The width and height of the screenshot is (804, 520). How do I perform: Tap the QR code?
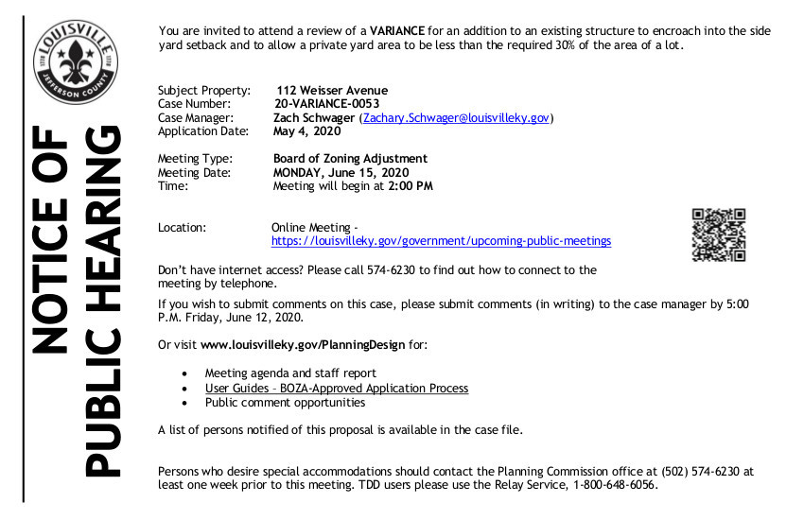click(719, 234)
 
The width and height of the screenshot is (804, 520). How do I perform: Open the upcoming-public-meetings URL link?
click(441, 241)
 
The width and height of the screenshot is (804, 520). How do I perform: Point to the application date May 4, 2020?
click(306, 131)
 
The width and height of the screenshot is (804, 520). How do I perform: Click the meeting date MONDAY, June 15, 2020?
click(341, 173)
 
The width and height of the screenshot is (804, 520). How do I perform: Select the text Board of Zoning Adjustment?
click(350, 159)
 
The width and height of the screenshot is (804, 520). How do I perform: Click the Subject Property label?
click(204, 91)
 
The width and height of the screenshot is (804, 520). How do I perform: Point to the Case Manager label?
click(196, 117)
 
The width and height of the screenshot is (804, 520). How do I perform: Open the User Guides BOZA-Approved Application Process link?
click(336, 389)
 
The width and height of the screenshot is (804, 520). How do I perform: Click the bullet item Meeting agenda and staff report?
click(290, 373)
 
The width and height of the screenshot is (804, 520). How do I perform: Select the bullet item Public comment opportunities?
click(285, 403)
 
